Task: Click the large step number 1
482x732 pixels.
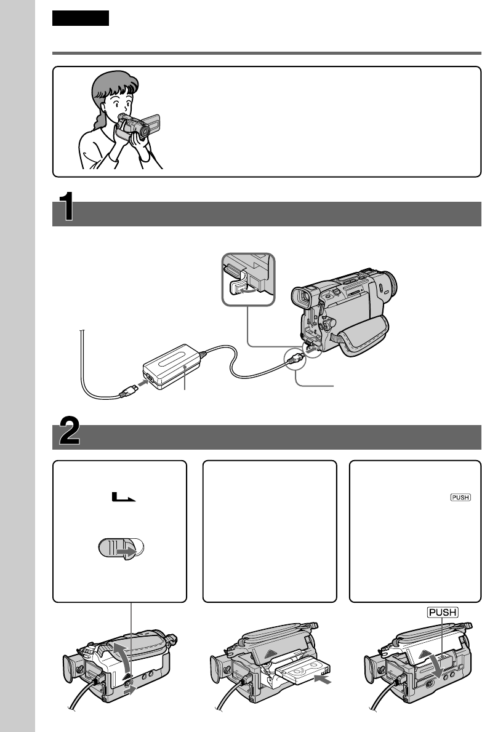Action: tap(66, 206)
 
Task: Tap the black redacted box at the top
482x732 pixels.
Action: tap(80, 18)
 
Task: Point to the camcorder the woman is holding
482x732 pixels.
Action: tap(138, 127)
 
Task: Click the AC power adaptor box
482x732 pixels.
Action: tap(171, 367)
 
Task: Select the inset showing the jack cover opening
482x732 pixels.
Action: tap(248, 279)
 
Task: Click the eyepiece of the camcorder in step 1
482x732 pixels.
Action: tap(301, 297)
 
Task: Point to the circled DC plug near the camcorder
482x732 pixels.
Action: tap(295, 359)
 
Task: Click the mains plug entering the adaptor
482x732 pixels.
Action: tap(127, 391)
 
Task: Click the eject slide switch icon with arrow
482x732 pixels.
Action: tap(121, 548)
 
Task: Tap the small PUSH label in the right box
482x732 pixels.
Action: tap(460, 497)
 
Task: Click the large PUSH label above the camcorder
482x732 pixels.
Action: tap(443, 612)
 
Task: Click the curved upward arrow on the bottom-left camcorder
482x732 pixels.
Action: tap(121, 658)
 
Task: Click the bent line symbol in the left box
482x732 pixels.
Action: tap(123, 497)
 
